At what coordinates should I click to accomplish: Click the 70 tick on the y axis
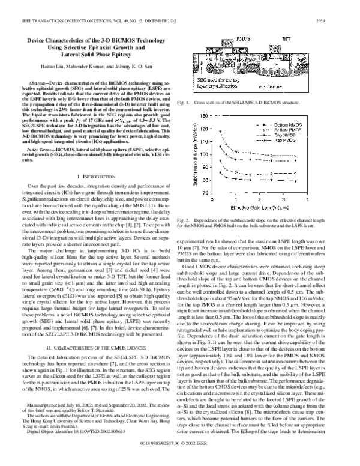(204, 193)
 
